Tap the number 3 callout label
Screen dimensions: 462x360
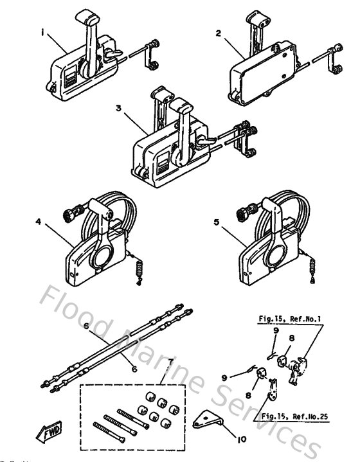[x=119, y=108]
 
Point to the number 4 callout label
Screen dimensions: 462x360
[x=39, y=222]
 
